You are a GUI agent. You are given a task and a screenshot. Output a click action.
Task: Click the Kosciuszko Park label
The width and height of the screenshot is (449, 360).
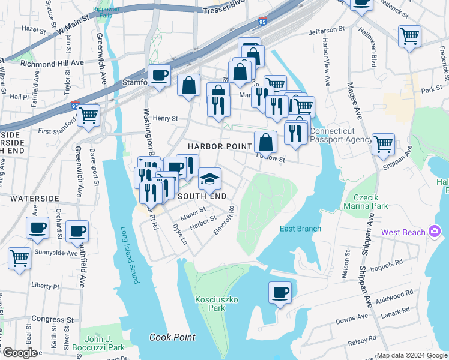point(209,303)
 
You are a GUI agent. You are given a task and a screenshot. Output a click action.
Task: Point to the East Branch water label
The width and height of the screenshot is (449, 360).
point(300,229)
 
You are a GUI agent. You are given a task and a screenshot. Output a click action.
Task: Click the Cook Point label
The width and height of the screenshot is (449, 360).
point(172,337)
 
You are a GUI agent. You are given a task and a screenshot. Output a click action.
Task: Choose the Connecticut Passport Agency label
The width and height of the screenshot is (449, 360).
point(341,135)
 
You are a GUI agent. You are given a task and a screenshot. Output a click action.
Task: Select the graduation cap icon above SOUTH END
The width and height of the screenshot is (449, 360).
point(209,178)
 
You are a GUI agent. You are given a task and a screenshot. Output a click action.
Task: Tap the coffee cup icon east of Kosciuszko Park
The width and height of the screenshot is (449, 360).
point(280,293)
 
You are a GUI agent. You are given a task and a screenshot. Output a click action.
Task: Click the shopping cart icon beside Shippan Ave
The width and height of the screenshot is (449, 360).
point(383,144)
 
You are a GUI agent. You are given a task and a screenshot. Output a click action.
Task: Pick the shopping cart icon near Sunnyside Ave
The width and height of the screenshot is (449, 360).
point(19,258)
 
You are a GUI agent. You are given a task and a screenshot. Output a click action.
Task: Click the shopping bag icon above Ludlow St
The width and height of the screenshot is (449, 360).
point(265,142)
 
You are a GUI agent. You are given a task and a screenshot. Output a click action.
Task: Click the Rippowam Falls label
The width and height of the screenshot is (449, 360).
point(106,13)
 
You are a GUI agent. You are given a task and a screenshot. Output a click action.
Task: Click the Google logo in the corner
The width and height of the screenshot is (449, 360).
point(19,352)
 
